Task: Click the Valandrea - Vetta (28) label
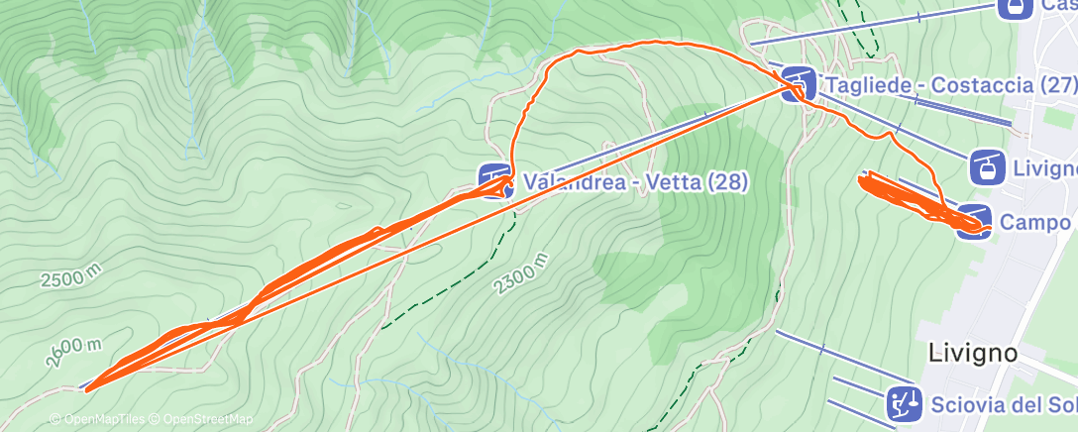(x=635, y=183)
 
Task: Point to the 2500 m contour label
(x=70, y=278)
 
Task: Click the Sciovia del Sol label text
(x=1004, y=404)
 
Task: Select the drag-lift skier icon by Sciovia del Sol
(x=902, y=401)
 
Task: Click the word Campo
(x=1034, y=223)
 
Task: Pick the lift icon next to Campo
(x=975, y=219)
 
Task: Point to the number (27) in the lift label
(x=1050, y=85)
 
